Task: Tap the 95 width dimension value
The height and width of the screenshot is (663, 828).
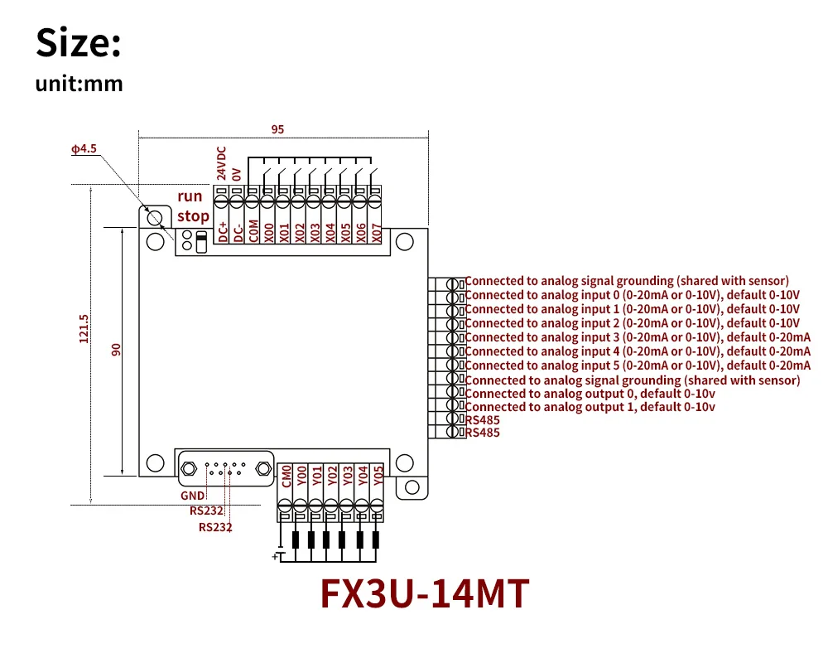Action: click(277, 129)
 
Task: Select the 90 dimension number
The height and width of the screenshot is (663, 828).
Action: click(117, 350)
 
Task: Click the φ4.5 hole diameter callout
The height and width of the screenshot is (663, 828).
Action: click(84, 149)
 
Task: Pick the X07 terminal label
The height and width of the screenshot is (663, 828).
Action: click(376, 232)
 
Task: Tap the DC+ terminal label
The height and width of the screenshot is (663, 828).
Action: click(222, 231)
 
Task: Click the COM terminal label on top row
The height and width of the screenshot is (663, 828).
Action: click(253, 231)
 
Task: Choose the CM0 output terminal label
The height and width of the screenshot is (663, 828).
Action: click(286, 476)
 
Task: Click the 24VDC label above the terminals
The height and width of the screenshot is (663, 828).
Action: click(221, 163)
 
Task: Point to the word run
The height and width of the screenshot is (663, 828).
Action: click(190, 196)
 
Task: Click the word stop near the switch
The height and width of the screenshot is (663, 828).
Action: click(193, 215)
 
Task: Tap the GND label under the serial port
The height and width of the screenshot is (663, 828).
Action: click(192, 496)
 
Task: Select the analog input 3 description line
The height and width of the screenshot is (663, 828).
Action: click(637, 337)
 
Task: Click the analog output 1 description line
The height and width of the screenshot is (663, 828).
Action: click(590, 407)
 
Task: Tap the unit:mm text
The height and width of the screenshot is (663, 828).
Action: click(79, 84)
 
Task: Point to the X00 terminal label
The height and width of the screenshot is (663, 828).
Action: click(269, 232)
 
